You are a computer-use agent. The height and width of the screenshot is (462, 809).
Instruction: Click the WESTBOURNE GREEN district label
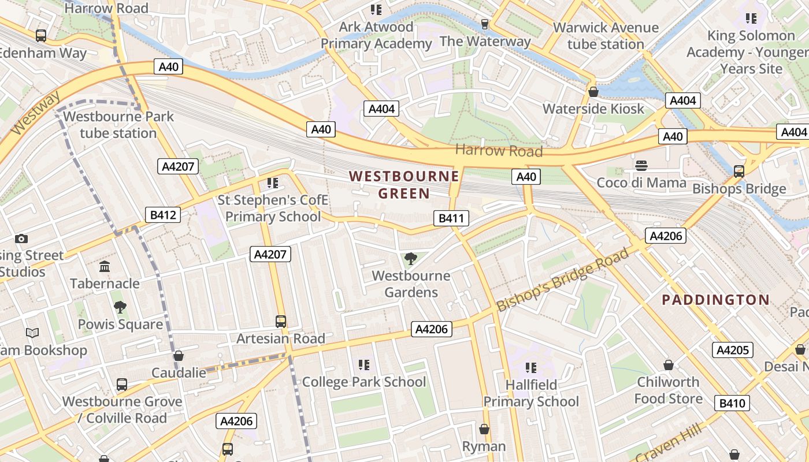[404, 185]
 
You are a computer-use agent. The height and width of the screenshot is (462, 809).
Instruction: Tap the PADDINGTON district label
[715, 300]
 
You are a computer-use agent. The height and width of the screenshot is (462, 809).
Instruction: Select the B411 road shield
[451, 218]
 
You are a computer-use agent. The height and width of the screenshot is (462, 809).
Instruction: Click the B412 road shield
[162, 215]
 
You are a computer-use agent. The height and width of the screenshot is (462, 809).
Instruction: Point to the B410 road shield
[732, 403]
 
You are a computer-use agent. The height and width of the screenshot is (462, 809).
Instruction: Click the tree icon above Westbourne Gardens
[411, 259]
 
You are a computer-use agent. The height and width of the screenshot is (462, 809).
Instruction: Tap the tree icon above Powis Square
[120, 307]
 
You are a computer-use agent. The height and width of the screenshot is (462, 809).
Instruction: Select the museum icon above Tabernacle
[105, 266]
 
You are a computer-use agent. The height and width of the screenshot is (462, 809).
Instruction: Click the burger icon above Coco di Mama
[641, 166]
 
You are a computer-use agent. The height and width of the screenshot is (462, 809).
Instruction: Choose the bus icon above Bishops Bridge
[739, 171]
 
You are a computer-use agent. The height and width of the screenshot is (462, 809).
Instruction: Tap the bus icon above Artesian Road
[281, 322]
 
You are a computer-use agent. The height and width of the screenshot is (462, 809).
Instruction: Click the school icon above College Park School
[363, 364]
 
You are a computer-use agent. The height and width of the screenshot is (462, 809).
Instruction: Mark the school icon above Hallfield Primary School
[530, 367]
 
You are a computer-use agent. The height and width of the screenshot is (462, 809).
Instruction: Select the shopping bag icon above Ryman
[484, 429]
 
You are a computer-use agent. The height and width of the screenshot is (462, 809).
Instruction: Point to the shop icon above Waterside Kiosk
[593, 92]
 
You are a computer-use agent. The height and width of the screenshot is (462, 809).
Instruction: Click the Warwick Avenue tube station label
[606, 36]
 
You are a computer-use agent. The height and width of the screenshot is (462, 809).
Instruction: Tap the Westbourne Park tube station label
[118, 125]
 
